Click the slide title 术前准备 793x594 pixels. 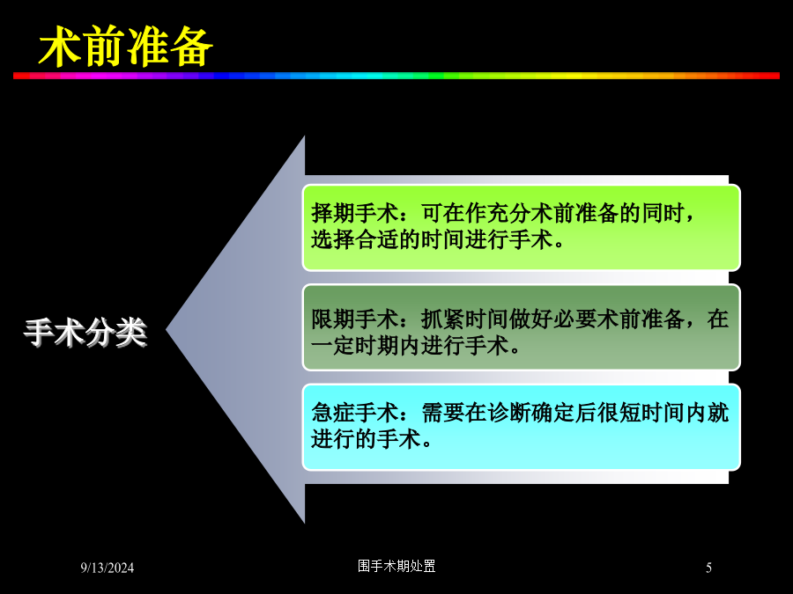click(126, 47)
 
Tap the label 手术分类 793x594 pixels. click(85, 333)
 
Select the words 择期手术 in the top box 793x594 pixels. click(355, 213)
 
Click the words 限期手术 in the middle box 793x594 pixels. click(355, 319)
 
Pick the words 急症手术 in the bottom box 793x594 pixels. click(355, 413)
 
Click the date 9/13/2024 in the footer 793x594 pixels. click(107, 568)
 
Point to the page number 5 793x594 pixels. click(708, 568)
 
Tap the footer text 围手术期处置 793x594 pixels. click(396, 566)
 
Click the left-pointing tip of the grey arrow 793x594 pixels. click(167, 330)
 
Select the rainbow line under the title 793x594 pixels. click(396, 76)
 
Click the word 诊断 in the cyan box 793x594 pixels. click(509, 413)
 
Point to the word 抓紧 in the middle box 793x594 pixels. click(443, 319)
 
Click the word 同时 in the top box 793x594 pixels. click(663, 213)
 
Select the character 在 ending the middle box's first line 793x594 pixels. click(718, 319)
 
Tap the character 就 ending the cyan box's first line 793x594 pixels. click(718, 413)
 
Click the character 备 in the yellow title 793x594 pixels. click(192, 47)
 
